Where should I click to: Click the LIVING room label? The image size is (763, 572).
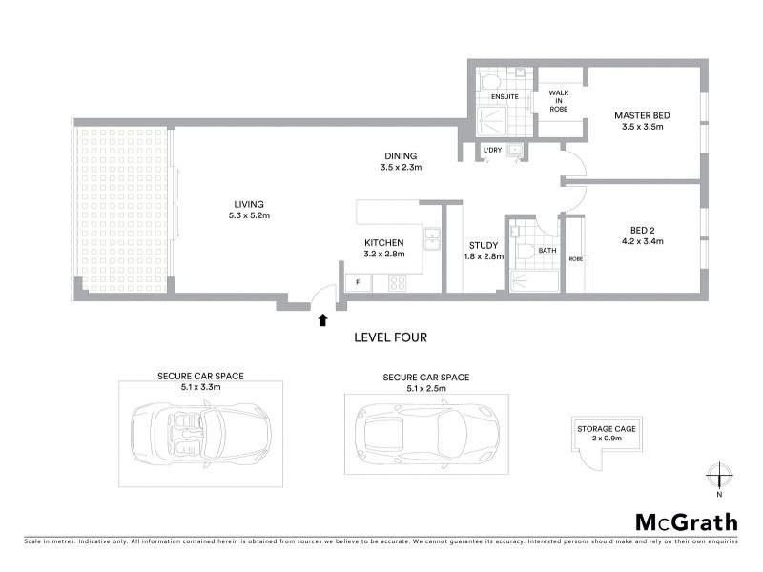[x=249, y=203]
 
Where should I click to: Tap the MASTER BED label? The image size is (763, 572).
[x=642, y=116]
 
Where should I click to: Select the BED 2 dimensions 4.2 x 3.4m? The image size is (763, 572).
[x=640, y=241]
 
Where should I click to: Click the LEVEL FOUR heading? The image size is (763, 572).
[x=390, y=337]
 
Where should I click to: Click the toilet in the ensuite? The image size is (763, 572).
[x=484, y=79]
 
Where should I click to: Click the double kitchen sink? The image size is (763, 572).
[x=432, y=239]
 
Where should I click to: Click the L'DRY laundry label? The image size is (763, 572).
[x=492, y=151]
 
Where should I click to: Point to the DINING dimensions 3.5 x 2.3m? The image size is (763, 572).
[x=400, y=167]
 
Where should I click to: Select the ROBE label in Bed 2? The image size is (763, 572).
[x=575, y=258]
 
